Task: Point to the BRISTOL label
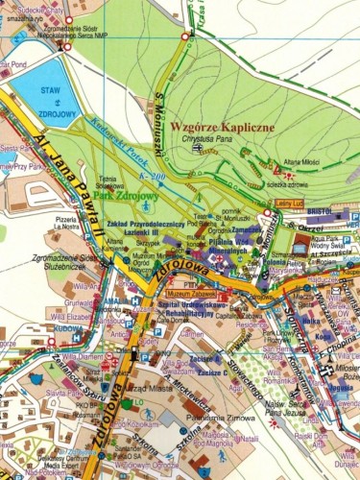pos(319,208)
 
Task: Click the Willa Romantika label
pos(287,381)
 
